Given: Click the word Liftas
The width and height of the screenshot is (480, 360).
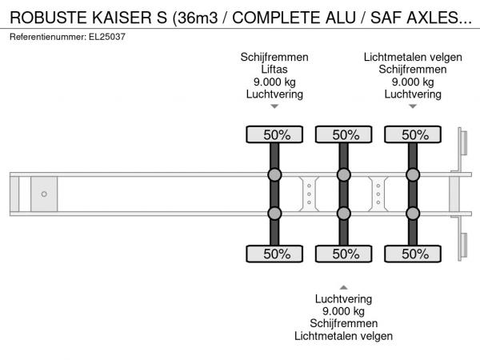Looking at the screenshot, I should coord(274,70).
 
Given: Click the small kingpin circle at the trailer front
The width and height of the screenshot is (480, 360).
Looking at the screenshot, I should coord(44,194).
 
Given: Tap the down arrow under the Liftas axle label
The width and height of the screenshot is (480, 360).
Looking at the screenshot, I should coord(274,106).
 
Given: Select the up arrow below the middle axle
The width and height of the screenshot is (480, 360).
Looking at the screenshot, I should coord(343,286).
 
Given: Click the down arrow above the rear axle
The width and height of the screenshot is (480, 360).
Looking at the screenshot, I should coord(413,106).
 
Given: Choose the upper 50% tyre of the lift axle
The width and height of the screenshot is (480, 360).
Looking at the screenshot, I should coord(274,134).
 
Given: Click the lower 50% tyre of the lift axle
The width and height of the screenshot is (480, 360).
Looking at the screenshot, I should coord(274,254).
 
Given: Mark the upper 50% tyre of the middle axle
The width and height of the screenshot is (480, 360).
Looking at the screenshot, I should coord(344,134).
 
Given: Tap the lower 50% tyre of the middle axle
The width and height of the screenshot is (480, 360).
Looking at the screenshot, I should coord(344,254).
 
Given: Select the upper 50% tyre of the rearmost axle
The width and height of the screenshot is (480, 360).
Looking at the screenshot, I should coord(413,134).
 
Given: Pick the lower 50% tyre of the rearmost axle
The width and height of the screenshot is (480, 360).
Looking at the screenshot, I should coord(413,254).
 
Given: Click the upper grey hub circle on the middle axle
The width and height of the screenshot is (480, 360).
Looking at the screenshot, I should coord(344,175).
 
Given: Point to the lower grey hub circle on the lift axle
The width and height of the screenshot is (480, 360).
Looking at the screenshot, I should coord(274,213).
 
